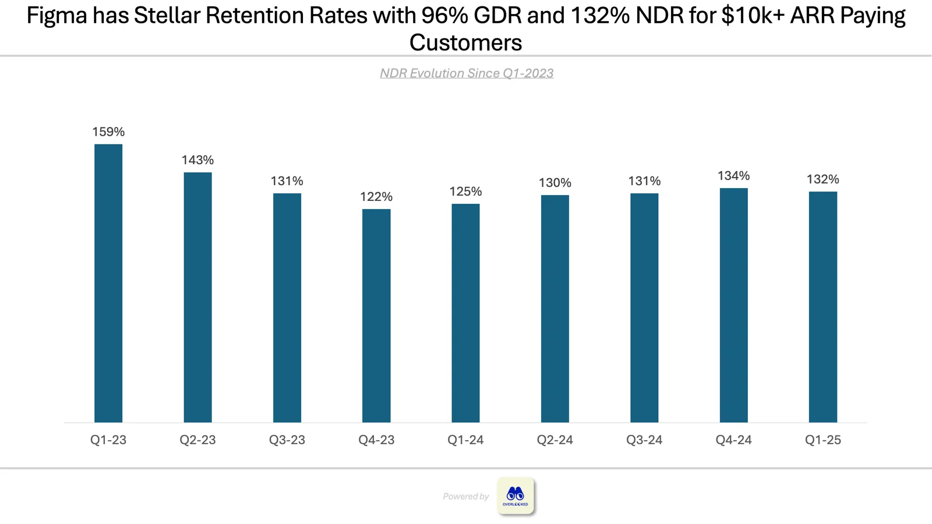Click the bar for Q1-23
(x=108, y=283)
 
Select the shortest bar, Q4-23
(x=376, y=316)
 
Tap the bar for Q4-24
(x=733, y=305)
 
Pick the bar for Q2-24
(x=555, y=309)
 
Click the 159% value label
(x=108, y=132)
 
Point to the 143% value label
(x=197, y=160)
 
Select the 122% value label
(x=376, y=197)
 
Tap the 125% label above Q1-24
(x=465, y=192)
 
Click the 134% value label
(x=733, y=176)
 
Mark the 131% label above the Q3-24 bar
(x=644, y=181)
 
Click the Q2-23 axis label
(x=197, y=440)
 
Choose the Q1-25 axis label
(x=823, y=440)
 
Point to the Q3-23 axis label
(x=287, y=440)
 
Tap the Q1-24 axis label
(x=465, y=440)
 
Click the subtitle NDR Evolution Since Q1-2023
(x=467, y=73)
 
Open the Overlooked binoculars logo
(x=515, y=495)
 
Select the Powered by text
(x=465, y=496)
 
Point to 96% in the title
(x=444, y=15)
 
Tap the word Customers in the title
(x=465, y=43)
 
